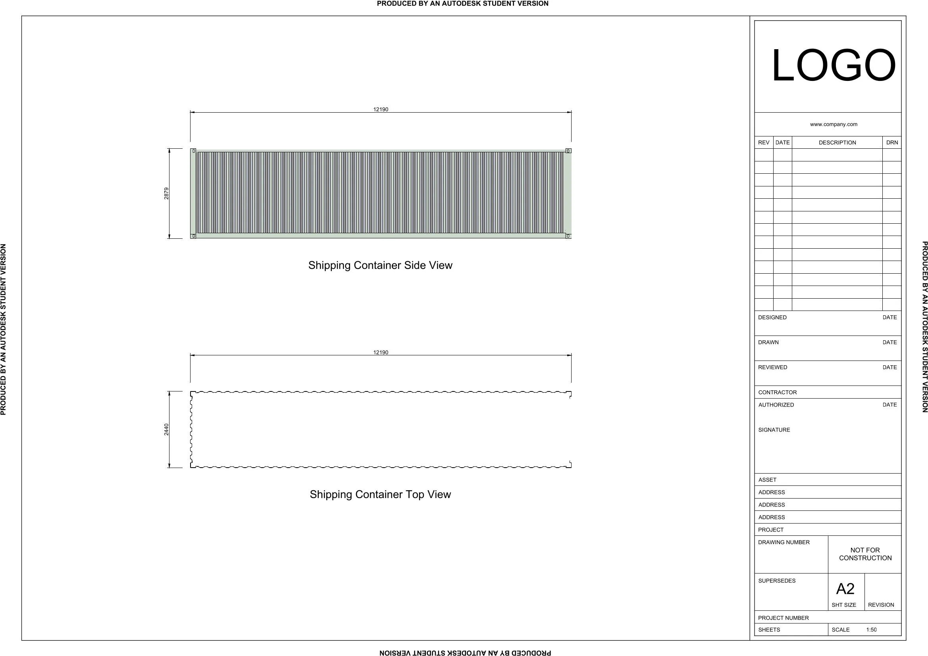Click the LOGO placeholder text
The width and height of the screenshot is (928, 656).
(834, 65)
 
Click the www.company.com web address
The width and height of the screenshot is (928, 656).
(834, 125)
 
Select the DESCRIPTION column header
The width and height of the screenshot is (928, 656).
(837, 143)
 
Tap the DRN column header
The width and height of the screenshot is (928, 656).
(892, 143)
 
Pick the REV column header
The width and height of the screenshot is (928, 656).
(764, 143)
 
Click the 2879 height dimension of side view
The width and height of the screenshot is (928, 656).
(167, 194)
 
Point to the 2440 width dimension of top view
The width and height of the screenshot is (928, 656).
(167, 430)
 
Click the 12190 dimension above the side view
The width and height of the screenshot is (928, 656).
(381, 109)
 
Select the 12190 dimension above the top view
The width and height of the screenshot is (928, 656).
(381, 353)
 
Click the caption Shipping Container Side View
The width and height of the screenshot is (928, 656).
(380, 265)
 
